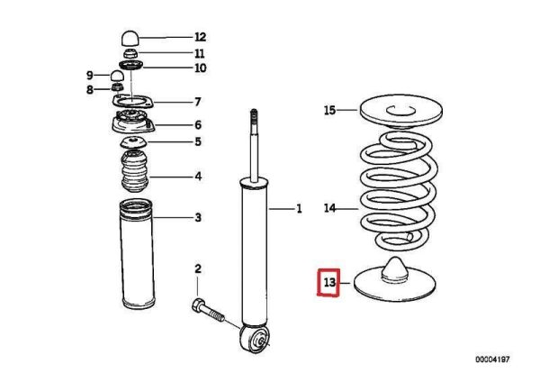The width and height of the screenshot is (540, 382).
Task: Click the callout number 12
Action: coord(200,38)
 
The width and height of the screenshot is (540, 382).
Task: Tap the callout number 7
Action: coord(198,102)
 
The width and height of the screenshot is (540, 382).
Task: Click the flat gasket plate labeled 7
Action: coord(131,101)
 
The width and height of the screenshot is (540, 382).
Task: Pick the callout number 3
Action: coord(198,218)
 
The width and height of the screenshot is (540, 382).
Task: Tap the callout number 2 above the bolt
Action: coord(199,269)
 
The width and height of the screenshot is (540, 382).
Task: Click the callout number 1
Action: coord(300,210)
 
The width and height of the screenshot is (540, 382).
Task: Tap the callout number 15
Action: coord(329,111)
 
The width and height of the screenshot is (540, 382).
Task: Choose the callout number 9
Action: coord(90,74)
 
